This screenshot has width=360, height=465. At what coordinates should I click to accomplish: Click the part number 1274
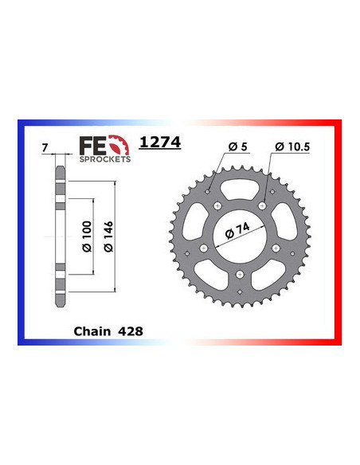pos(160,143)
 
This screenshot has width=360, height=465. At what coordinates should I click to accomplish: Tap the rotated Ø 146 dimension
pos(110,235)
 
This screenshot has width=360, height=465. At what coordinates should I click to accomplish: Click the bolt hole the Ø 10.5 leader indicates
pos(262,205)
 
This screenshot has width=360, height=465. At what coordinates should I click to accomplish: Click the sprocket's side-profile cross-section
pos(60,236)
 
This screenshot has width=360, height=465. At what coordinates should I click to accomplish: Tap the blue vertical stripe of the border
pos(19,235)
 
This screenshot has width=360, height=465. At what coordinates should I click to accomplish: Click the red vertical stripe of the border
pos(339,235)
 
